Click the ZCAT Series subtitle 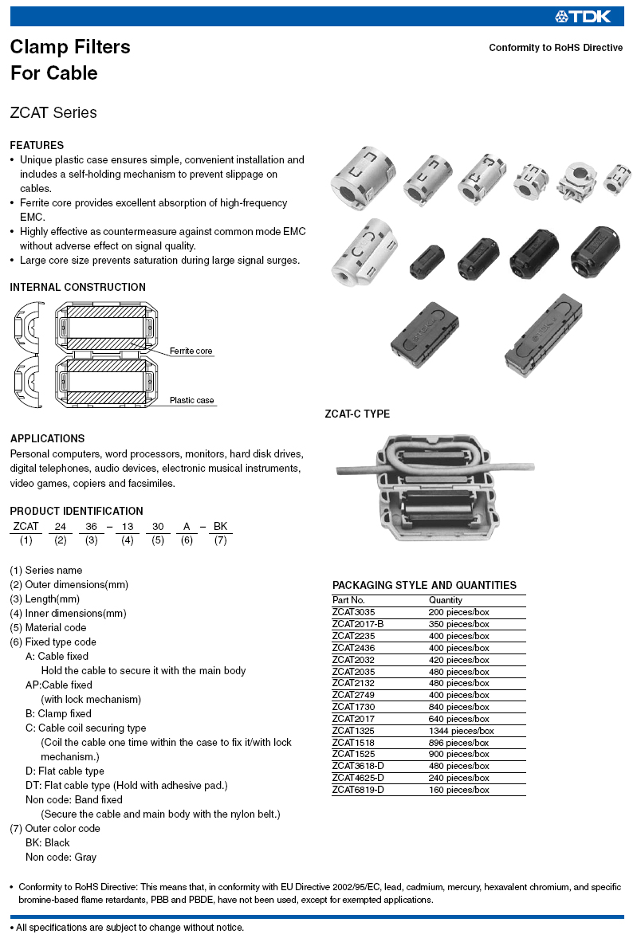[53, 112]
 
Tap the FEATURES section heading [37, 145]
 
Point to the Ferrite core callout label [191, 351]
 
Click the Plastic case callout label [191, 400]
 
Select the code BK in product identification [221, 526]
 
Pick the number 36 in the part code [92, 526]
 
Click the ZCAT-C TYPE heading [357, 414]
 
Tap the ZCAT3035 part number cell [353, 612]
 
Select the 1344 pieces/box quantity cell [461, 731]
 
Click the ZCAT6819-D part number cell [358, 790]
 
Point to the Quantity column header [445, 600]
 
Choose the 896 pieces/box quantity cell [458, 743]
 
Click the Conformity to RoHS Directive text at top [556, 48]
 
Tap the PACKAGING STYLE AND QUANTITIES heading [424, 585]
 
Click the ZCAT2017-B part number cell [358, 624]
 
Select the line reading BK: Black [47, 842]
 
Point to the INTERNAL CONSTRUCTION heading [78, 287]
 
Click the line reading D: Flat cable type [65, 771]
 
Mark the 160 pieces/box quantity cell [458, 790]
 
